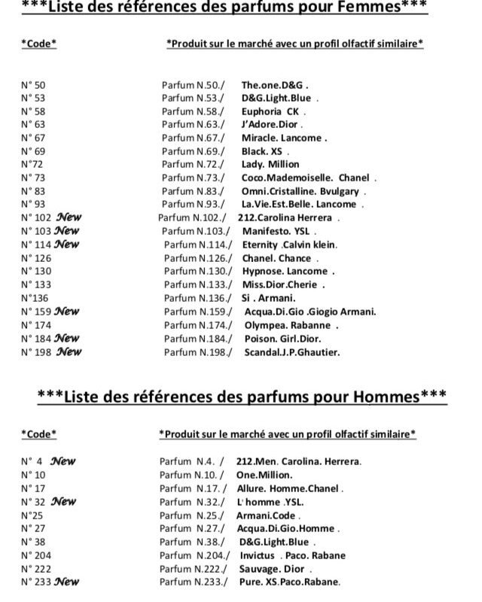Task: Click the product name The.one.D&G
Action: pyautogui.click(x=275, y=85)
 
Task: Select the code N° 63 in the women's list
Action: pyautogui.click(x=34, y=124)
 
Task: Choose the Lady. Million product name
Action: pyautogui.click(x=270, y=164)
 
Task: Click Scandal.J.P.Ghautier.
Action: pyautogui.click(x=292, y=351)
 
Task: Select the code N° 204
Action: pyautogui.click(x=37, y=555)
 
